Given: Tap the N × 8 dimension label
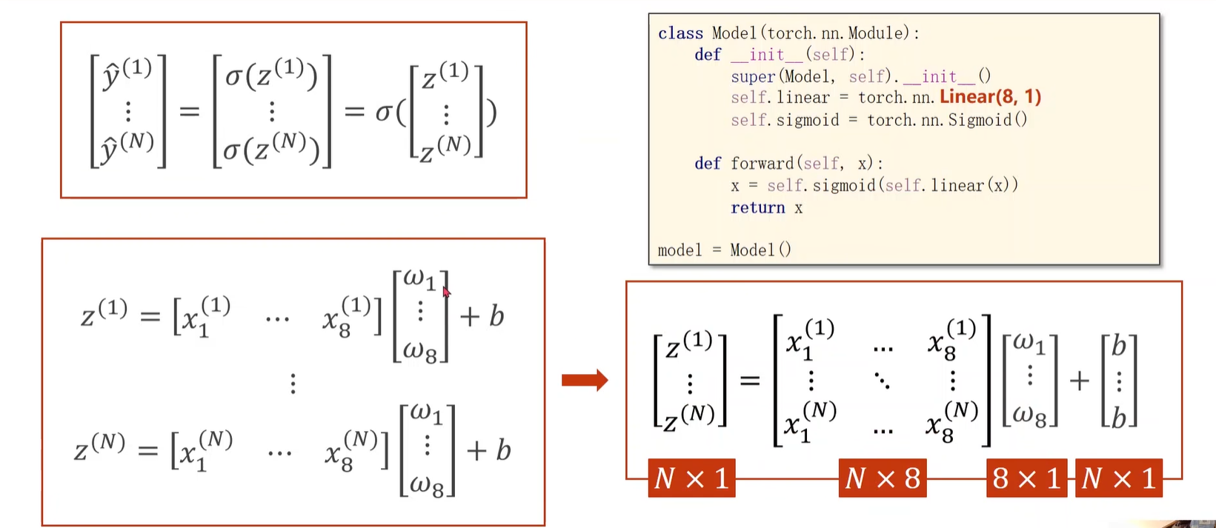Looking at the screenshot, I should [883, 478].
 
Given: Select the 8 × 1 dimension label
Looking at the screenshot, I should [1026, 478].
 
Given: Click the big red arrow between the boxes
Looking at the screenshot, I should [585, 381].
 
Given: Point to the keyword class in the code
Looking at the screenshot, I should [680, 33].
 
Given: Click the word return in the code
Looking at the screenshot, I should [757, 208].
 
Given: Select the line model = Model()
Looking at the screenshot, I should [724, 250].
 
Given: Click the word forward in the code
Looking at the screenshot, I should [763, 164].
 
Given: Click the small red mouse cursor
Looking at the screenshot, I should [446, 292].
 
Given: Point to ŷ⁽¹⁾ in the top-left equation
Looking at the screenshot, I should [127, 74].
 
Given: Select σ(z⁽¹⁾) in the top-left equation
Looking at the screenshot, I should [271, 74].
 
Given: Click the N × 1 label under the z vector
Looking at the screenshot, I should [691, 478].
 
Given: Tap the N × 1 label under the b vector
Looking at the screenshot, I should [1118, 478].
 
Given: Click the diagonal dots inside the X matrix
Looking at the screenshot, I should [882, 381].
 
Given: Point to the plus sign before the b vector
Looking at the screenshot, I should [1079, 381].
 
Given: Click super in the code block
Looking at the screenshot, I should [752, 76].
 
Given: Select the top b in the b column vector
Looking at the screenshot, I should [1119, 346].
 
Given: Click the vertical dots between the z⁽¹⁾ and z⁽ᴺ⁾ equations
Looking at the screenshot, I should [293, 384].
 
